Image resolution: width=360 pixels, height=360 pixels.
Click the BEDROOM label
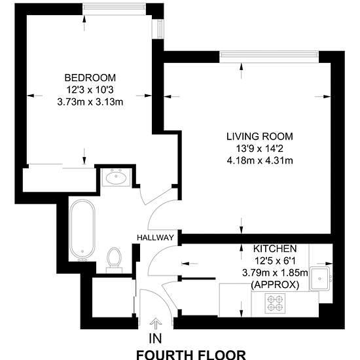(90, 78)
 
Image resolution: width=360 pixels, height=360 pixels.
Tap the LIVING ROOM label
(260, 136)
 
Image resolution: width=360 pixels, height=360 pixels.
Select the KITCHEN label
(275, 249)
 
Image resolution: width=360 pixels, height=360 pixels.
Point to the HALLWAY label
(155, 238)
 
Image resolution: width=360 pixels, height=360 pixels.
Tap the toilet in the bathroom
(114, 260)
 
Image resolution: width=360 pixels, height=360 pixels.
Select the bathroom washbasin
(116, 177)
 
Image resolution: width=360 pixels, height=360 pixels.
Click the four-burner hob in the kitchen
(275, 303)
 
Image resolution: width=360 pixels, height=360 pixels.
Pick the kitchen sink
(319, 278)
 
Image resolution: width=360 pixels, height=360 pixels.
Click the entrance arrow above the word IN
(156, 324)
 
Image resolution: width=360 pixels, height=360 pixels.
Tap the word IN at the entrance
(155, 338)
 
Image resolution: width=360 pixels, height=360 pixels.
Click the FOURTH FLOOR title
(191, 355)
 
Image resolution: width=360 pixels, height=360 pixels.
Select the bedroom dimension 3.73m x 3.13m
(90, 101)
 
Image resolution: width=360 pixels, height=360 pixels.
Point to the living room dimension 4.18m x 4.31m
(260, 160)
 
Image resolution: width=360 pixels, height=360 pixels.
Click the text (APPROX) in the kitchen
(275, 285)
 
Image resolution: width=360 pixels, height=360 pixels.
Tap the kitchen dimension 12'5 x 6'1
(275, 261)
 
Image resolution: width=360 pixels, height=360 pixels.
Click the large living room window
(269, 57)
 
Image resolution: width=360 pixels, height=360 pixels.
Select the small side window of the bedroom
(160, 29)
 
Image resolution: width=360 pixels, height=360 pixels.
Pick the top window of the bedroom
(114, 9)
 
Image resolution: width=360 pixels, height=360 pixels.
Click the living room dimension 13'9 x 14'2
(260, 149)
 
